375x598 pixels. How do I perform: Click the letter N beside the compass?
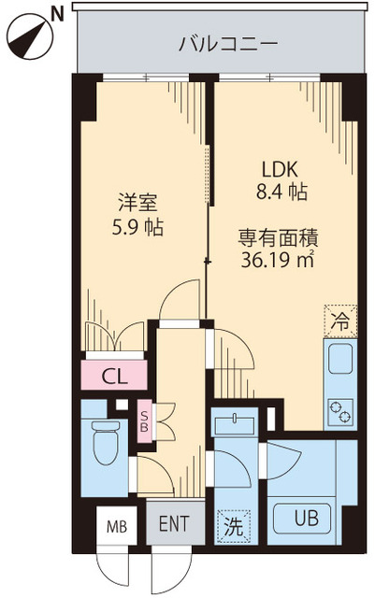pos(57,12)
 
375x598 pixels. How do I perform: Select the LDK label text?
pos(278,171)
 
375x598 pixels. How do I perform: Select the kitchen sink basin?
pos(340,357)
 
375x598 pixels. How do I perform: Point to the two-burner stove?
pos(339,407)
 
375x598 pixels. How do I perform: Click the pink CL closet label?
pos(115,377)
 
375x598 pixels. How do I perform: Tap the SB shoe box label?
pos(144,418)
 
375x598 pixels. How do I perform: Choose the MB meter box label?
pos(117,527)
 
